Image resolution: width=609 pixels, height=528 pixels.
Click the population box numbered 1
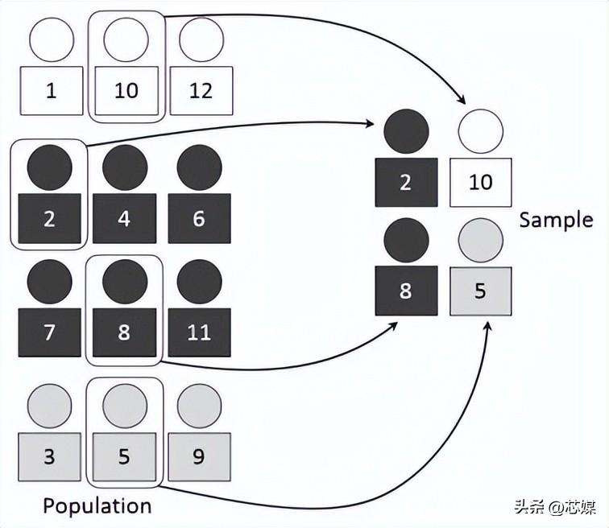52,91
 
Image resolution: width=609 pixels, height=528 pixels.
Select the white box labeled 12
201,91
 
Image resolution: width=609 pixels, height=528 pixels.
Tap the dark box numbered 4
125,218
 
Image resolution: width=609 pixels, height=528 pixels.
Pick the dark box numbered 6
199,218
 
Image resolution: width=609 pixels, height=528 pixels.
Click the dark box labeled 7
50,332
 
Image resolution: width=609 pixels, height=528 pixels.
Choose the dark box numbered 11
199,332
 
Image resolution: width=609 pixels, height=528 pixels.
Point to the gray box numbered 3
50,457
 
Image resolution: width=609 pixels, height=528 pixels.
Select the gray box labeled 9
199,457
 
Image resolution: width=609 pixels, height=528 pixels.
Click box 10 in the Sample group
481,183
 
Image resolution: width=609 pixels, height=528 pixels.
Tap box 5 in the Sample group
481,291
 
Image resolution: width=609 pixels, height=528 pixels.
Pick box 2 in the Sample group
406,183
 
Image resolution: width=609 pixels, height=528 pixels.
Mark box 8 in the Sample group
406,291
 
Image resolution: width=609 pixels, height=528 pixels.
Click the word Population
97,506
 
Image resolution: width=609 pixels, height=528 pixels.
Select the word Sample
556,220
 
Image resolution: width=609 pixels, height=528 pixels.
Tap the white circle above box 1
52,39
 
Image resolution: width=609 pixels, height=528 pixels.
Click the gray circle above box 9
200,406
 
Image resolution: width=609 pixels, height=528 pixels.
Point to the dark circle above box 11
200,282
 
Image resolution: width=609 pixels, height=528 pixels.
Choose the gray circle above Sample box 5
481,241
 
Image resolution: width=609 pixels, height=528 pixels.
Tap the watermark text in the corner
555,506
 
